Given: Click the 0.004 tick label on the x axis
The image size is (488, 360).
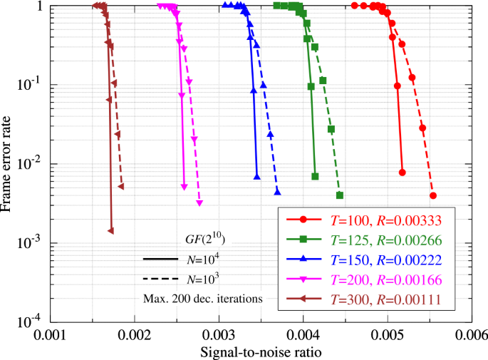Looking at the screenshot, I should pyautogui.click(x=302, y=333).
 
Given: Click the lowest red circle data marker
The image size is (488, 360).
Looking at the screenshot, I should pyautogui.click(x=433, y=195).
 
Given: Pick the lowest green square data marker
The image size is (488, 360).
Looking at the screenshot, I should pyautogui.click(x=340, y=195).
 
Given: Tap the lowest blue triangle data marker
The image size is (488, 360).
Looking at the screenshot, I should pyautogui.click(x=278, y=192).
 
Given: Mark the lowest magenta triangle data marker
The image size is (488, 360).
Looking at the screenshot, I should pyautogui.click(x=199, y=204).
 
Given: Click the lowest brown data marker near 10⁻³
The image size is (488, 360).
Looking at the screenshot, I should pyautogui.click(x=110, y=231).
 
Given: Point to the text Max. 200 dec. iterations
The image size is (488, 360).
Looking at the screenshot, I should pyautogui.click(x=202, y=299).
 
